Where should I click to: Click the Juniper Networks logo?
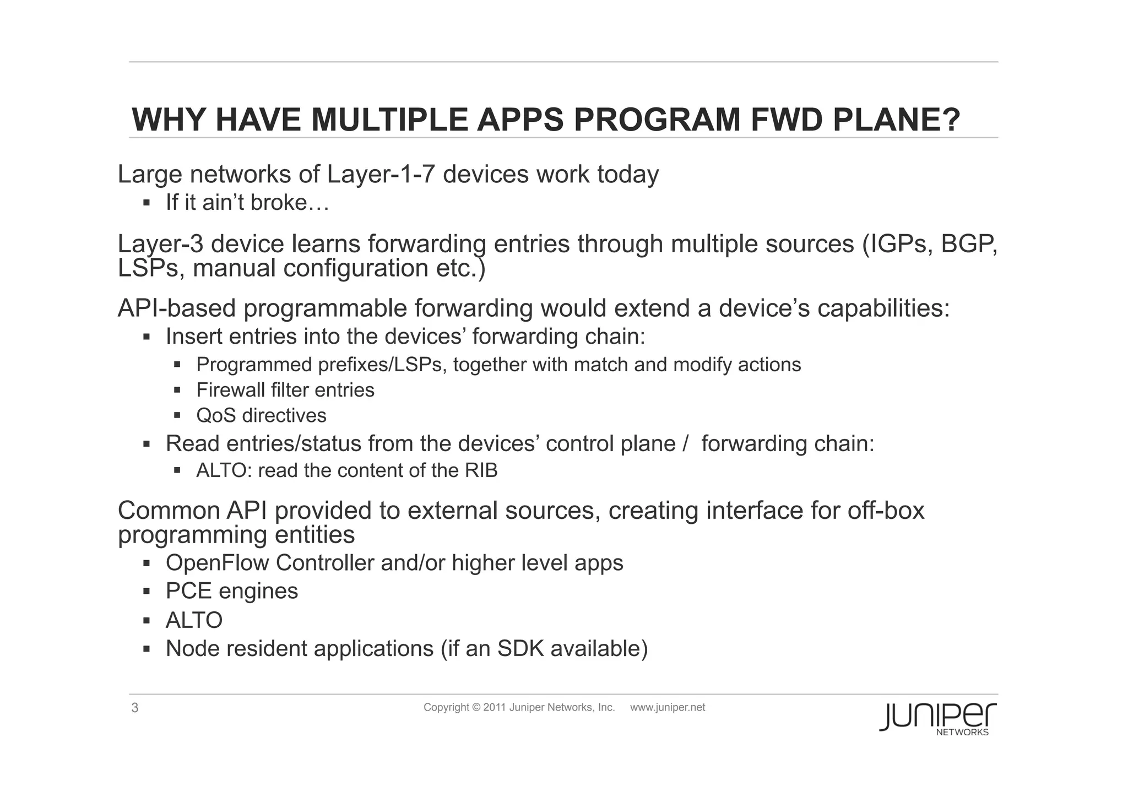click(937, 718)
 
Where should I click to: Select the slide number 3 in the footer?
click(135, 708)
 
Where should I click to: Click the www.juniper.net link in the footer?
click(667, 708)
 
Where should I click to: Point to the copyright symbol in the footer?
click(476, 708)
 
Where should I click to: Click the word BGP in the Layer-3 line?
click(968, 244)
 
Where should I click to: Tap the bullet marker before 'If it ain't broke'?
click(147, 203)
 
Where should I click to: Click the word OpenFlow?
click(217, 563)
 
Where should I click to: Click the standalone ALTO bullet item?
click(194, 620)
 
